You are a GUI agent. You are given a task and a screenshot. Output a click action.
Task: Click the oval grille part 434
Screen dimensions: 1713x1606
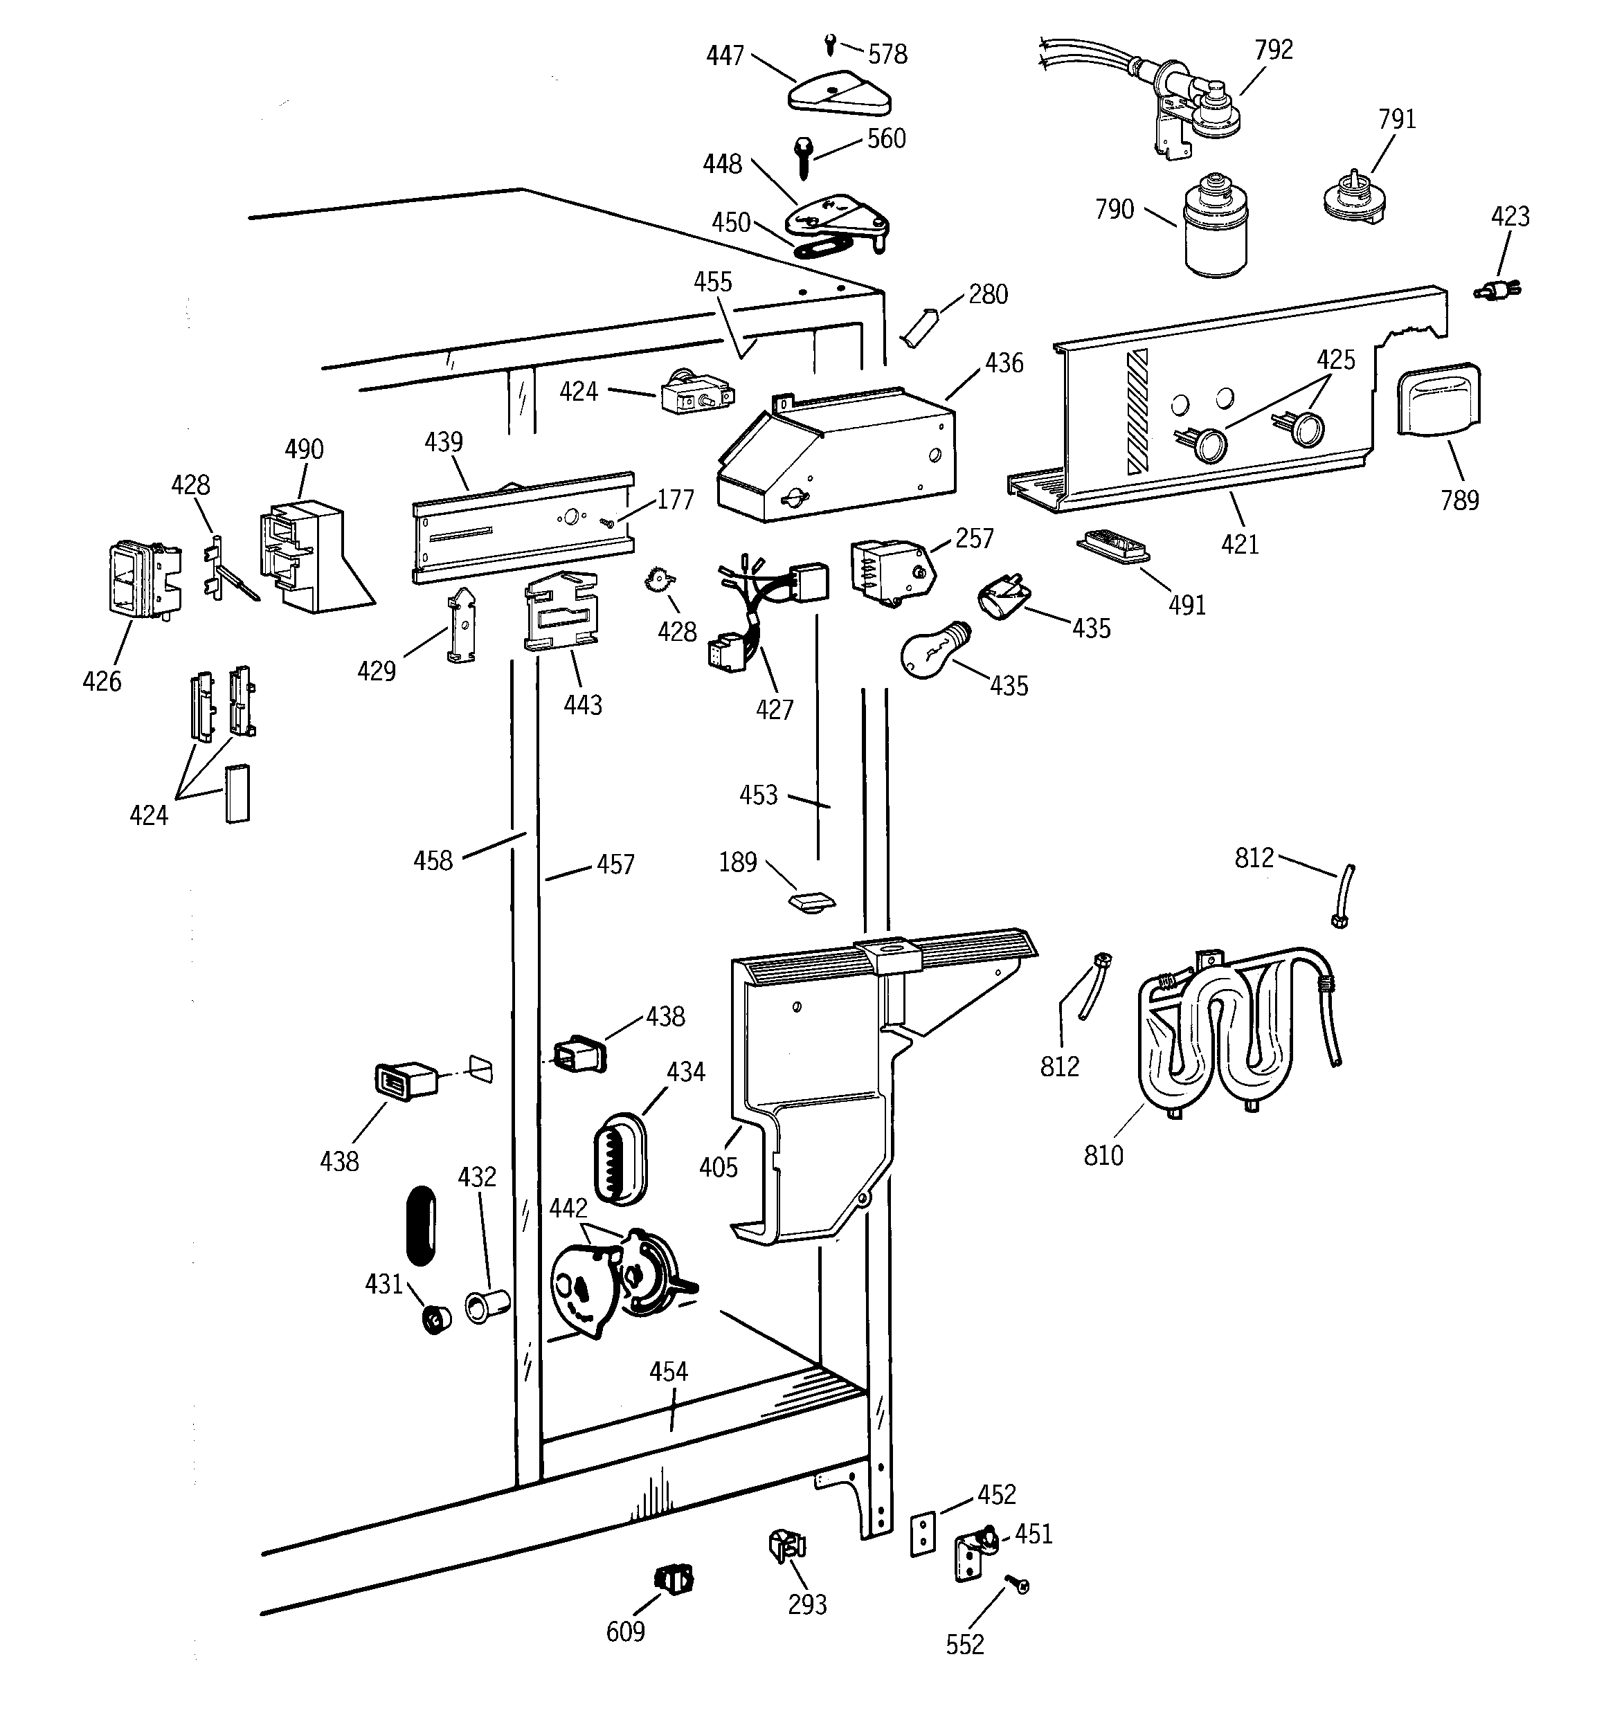click(x=619, y=1160)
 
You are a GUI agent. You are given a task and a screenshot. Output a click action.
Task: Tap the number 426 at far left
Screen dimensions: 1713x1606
click(x=102, y=682)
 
